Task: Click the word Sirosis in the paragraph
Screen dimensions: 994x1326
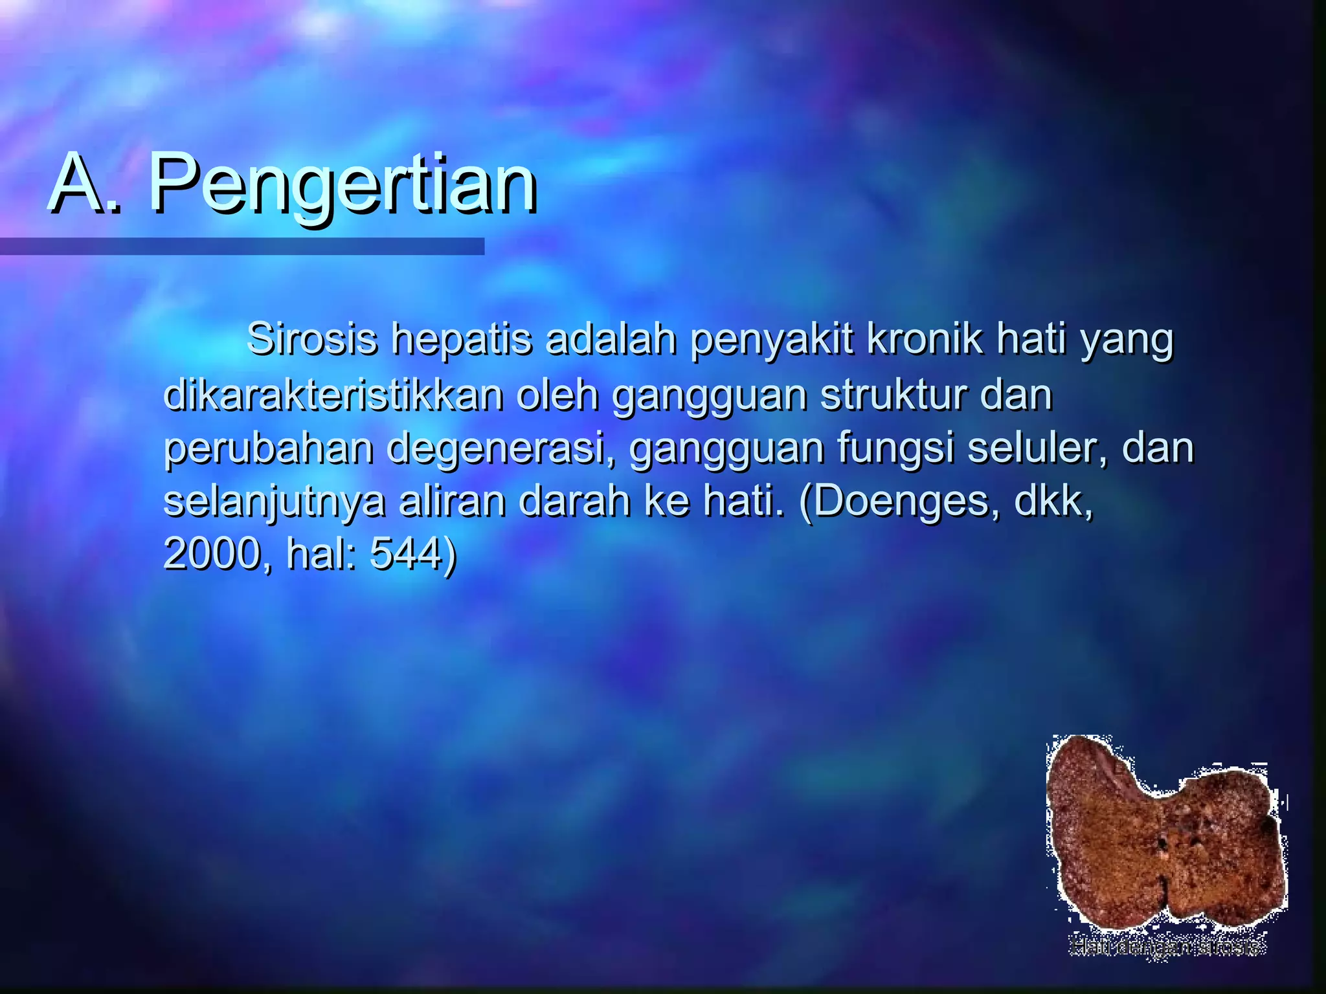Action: tap(311, 339)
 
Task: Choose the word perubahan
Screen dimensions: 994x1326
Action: tap(268, 449)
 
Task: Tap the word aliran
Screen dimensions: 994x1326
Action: tap(451, 501)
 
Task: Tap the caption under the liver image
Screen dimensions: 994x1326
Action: tap(1166, 947)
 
